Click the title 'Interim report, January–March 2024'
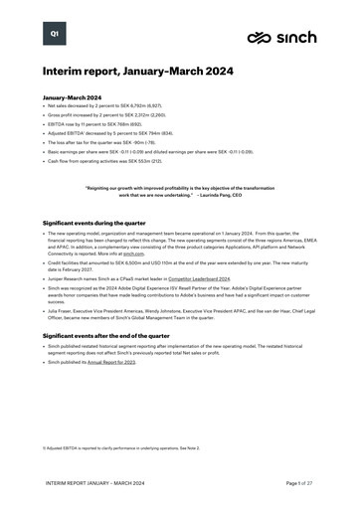pos(137,73)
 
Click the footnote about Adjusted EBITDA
pos(108,447)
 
